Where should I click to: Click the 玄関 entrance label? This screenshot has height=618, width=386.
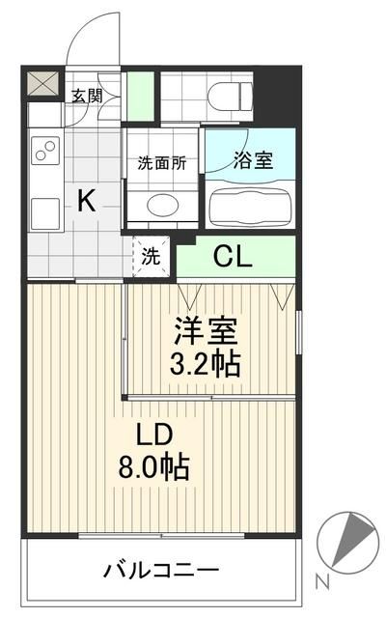pos(87,95)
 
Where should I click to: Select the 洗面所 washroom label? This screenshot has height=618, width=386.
pos(160,162)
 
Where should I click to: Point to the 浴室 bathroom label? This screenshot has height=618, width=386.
pos(253,160)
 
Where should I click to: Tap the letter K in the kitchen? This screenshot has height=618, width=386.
pos(86,202)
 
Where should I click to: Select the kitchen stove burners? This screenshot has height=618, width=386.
pos(45,153)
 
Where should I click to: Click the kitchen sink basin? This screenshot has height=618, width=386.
pos(44,209)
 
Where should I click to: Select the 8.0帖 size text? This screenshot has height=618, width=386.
pos(154,468)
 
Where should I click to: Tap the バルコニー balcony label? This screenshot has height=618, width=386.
pos(161,570)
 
